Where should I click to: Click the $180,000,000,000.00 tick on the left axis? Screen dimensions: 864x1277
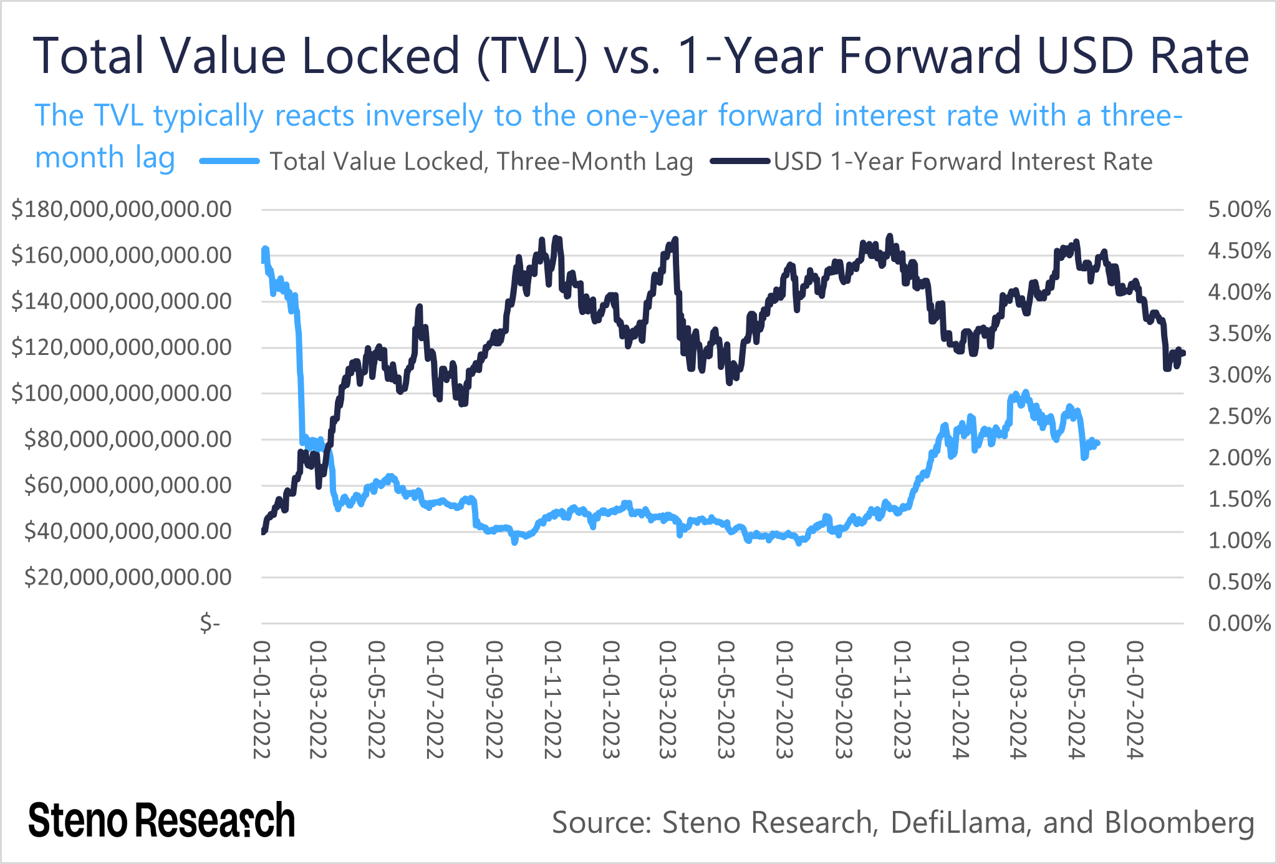(122, 210)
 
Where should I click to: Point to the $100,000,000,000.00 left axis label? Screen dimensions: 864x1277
(122, 394)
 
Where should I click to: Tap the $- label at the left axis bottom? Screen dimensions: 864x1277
(210, 623)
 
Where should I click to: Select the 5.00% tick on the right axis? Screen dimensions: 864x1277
(1239, 210)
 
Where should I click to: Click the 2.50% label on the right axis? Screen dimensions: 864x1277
(1239, 417)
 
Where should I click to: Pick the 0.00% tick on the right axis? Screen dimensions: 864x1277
(1239, 623)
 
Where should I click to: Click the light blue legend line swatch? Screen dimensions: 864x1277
(229, 162)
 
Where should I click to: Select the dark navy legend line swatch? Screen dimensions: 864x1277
(740, 162)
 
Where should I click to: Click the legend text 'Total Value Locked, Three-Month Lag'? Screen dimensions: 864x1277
(481, 162)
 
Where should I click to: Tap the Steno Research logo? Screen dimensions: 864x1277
(161, 820)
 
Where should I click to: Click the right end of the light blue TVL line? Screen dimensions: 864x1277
(1098, 443)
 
